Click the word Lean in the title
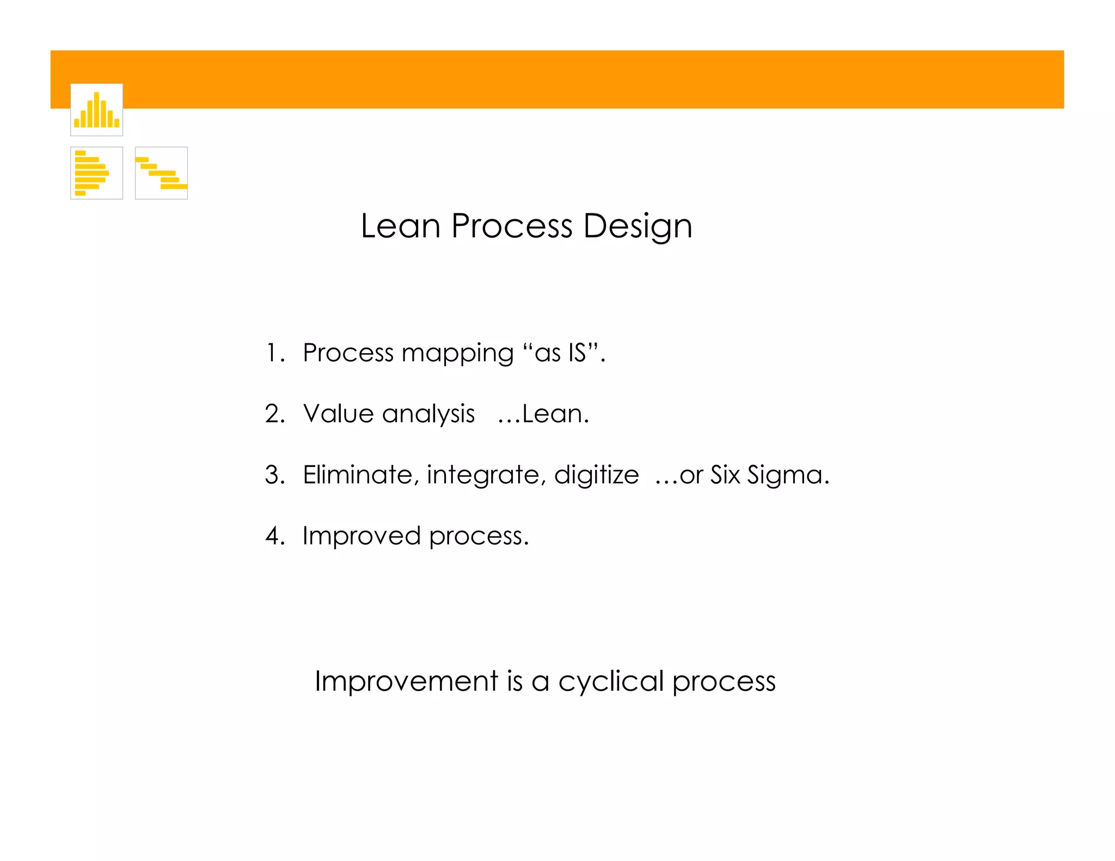(400, 226)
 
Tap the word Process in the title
(512, 226)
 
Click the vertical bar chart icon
(96, 109)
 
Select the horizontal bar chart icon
(96, 173)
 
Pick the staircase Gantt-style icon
(161, 173)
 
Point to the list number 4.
(274, 536)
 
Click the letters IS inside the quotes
(577, 353)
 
